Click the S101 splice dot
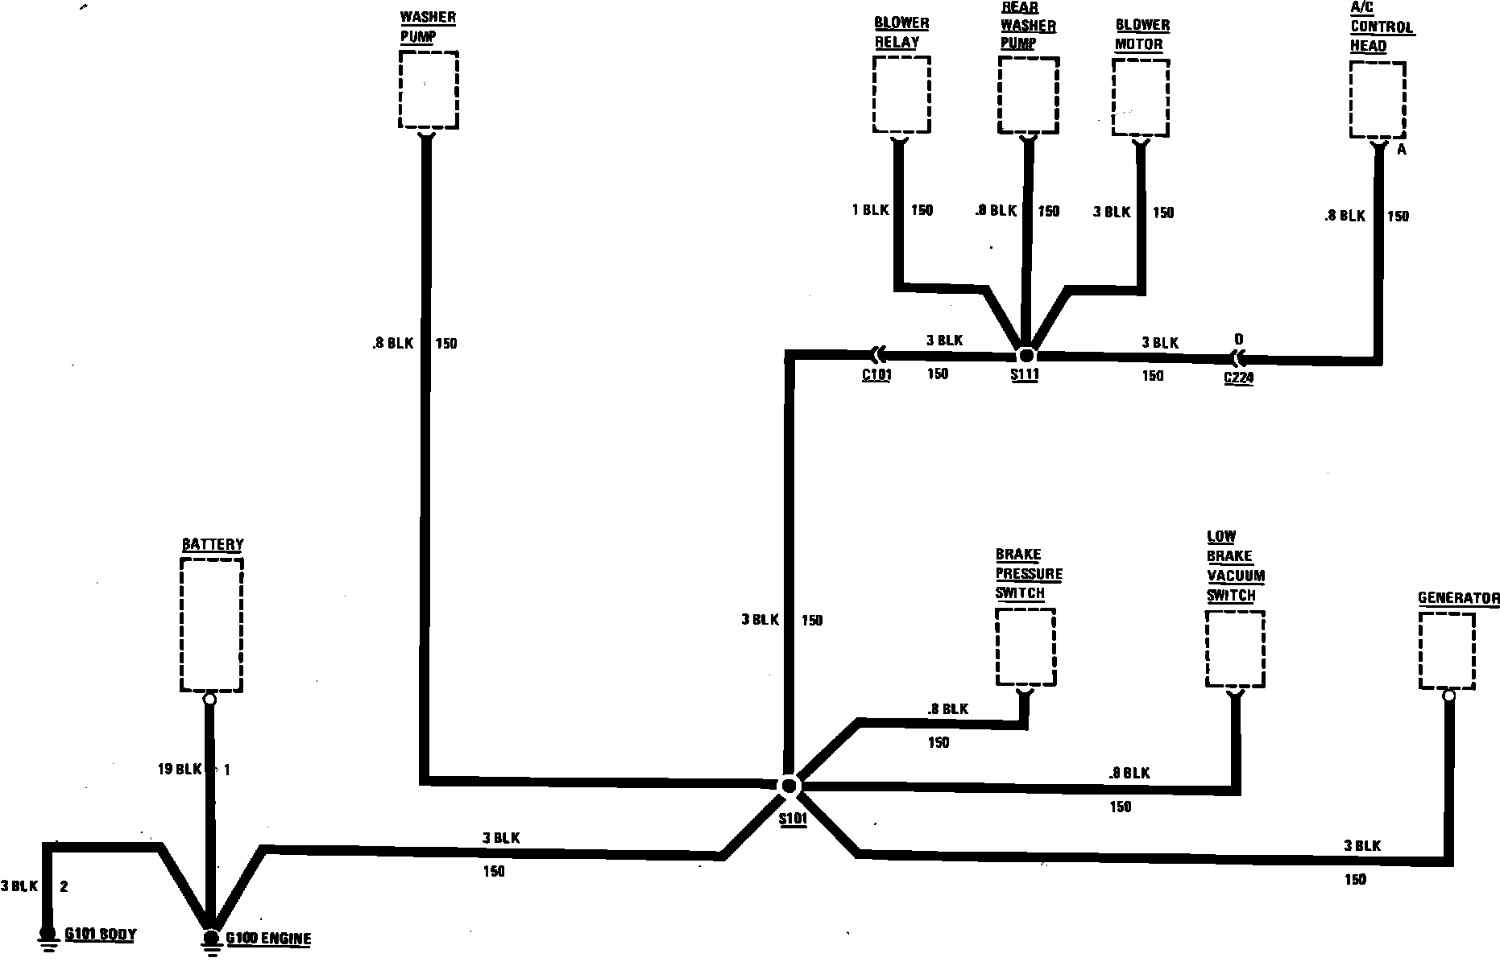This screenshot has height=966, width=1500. pos(789,786)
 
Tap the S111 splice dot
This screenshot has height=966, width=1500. pos(1026,355)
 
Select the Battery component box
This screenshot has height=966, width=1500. pos(212,625)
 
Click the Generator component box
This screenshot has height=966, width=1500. pos(1447,650)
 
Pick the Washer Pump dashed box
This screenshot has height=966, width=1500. pos(429,89)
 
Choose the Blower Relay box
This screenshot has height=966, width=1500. pos(901,94)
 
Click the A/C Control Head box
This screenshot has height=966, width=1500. pos(1378,100)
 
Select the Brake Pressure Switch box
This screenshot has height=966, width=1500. pos(1026,646)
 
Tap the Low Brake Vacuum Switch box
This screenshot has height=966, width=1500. pos(1235,649)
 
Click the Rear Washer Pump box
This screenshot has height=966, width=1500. pos(1028,95)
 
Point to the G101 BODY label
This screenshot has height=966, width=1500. pos(100,935)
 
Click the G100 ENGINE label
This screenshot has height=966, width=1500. pos(267,939)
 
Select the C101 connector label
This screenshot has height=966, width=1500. pos(876,374)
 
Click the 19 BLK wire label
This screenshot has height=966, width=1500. pos(179,770)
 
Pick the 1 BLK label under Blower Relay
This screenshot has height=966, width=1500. pos(870,210)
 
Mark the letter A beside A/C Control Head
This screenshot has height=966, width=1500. pos(1402,150)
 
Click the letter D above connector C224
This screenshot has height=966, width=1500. pos(1238,340)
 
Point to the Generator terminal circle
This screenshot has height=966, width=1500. pos(1448,696)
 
